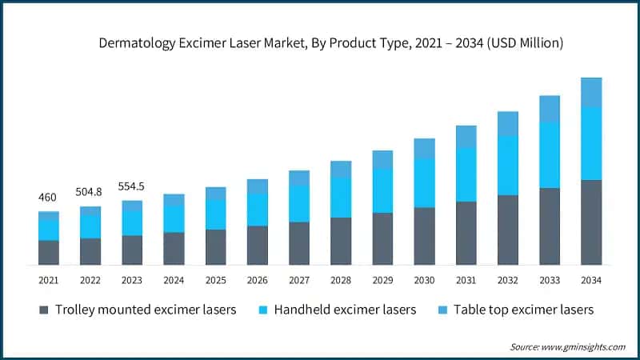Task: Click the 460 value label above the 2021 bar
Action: tap(48, 197)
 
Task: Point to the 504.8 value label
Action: tap(90, 192)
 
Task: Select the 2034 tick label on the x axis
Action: tap(591, 280)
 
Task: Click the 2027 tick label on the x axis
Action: tap(299, 280)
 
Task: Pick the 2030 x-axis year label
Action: tap(424, 280)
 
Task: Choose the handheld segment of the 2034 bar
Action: tap(591, 143)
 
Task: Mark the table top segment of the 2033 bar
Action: tap(550, 109)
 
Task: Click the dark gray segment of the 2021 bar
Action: tap(49, 252)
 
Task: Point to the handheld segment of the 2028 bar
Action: tap(341, 197)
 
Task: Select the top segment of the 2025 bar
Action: tap(216, 194)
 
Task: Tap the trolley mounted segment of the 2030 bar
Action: tap(424, 236)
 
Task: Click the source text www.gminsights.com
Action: tap(585, 346)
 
